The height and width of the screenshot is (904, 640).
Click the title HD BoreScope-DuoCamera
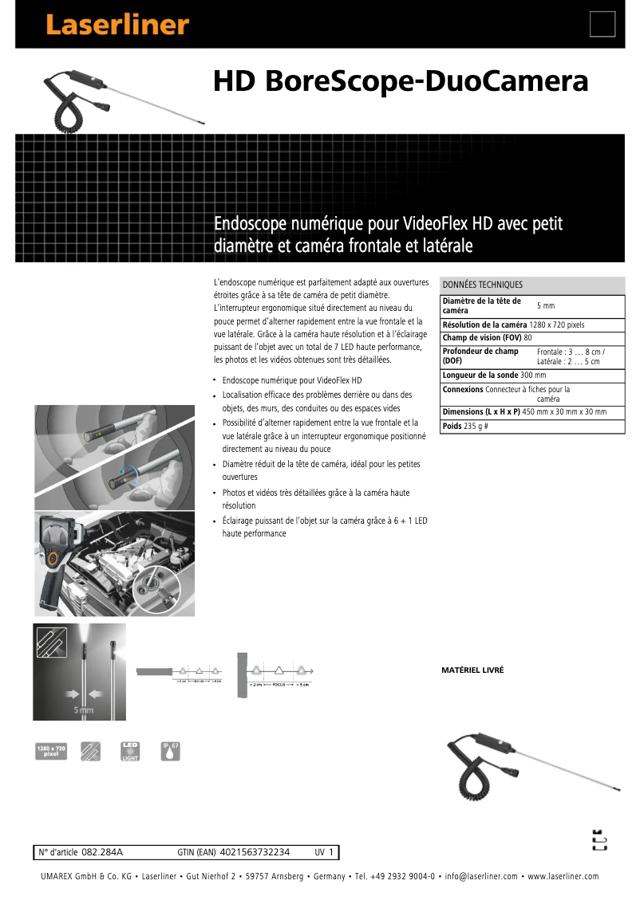pos(401,82)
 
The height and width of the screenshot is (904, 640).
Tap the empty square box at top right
pos(602,25)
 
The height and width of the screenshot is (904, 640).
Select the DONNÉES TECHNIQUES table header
pos(483,285)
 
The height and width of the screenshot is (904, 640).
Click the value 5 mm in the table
pos(546,306)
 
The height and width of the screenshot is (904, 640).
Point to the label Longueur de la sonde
pos(480,375)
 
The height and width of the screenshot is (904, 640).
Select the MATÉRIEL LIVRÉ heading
pos(472,670)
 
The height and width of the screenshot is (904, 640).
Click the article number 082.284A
pos(102,852)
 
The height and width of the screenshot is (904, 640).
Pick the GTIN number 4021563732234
pos(255,852)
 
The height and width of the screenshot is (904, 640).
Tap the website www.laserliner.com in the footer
pos(563,877)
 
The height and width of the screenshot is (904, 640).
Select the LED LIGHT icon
pos(129,751)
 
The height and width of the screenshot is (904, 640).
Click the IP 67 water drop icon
pos(171,751)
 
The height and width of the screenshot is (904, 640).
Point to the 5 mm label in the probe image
pos(84,709)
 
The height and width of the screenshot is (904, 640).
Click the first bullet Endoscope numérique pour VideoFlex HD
pos(292,381)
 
